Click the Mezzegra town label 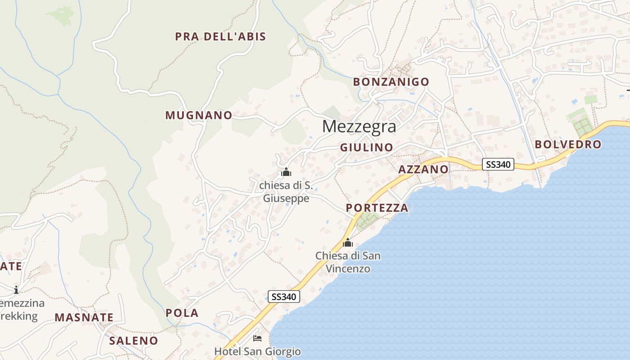(x=359, y=126)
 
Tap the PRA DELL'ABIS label (x=220, y=36)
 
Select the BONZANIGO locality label (x=391, y=82)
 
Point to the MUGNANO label (x=198, y=115)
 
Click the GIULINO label (x=366, y=147)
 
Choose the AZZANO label (x=423, y=169)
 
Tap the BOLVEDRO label (x=568, y=144)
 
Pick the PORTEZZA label (x=377, y=208)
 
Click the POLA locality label (x=182, y=313)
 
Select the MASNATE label (x=84, y=317)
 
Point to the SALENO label (x=134, y=341)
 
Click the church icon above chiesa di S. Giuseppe (x=286, y=172)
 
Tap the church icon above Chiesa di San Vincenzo (x=348, y=243)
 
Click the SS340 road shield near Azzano (x=498, y=164)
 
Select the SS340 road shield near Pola (x=284, y=297)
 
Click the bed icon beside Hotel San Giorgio (x=257, y=338)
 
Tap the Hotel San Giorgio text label (x=257, y=351)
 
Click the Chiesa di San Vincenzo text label (x=348, y=262)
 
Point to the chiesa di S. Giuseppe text (x=286, y=192)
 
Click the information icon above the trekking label (x=16, y=289)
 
